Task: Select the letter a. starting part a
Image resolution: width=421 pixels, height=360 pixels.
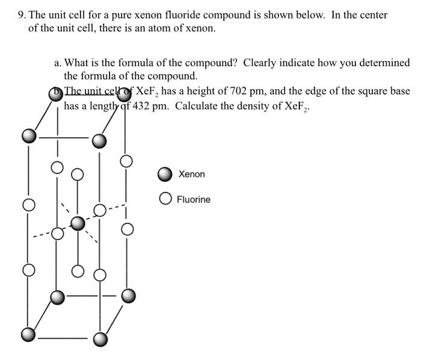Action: [57, 63]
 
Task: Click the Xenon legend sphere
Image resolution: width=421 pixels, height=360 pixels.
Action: [165, 175]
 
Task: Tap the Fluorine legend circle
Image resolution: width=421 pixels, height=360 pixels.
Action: [165, 199]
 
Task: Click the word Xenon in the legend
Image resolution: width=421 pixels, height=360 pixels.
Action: [191, 175]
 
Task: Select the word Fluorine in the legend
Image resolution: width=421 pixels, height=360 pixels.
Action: [194, 199]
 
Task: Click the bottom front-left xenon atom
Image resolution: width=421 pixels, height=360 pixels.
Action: [28, 334]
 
